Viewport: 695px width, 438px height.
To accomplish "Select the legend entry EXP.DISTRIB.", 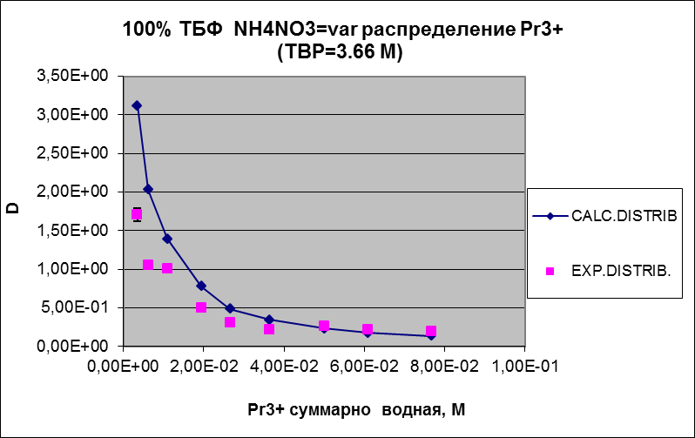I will click(620, 272).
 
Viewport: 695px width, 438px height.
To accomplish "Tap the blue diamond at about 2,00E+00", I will click(148, 189).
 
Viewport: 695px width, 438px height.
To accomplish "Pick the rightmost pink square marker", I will click(431, 331).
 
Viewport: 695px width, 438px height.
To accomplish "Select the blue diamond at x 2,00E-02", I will click(201, 286).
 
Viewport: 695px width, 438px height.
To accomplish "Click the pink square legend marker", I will click(550, 272).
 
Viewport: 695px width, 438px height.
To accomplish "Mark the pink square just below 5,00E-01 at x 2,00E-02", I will click(201, 307).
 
